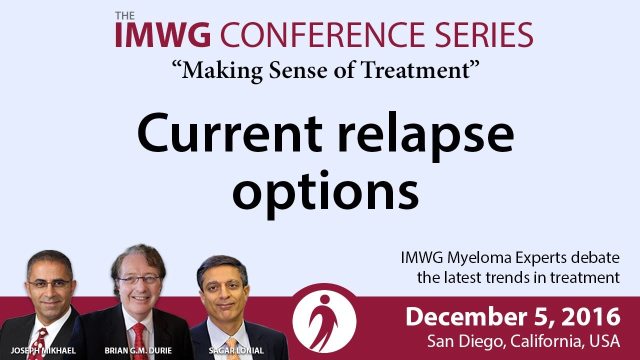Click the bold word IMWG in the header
click(163, 34)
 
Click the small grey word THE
click(125, 15)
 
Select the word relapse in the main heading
click(426, 137)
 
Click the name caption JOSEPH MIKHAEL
click(43, 350)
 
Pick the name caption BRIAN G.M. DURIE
click(138, 350)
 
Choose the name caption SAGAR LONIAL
click(236, 350)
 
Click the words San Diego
click(465, 341)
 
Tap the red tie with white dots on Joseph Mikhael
click(38, 344)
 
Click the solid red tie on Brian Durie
click(139, 341)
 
